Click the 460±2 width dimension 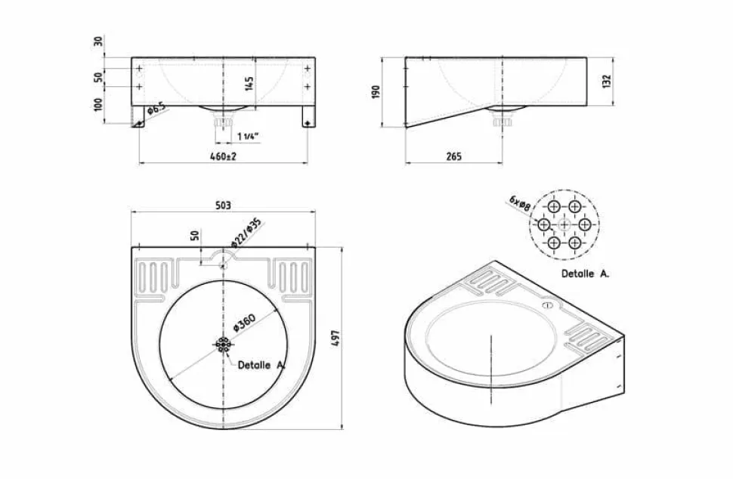click(224, 156)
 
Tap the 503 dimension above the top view click(224, 206)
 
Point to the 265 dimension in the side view click(453, 156)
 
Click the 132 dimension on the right click(607, 82)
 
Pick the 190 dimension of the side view click(376, 91)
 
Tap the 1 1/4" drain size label click(248, 137)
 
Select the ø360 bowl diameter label click(244, 323)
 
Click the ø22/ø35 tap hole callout click(246, 232)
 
